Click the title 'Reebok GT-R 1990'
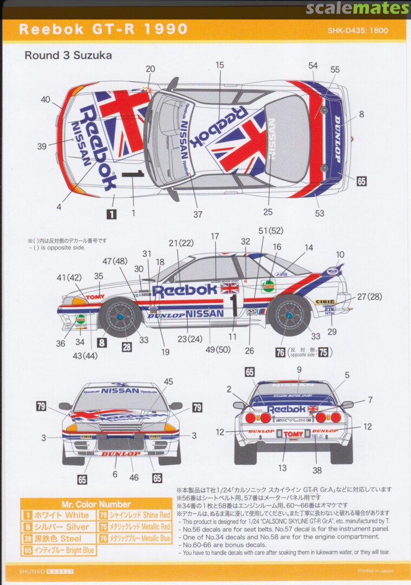103,29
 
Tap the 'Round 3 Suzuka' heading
68,55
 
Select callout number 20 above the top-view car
150,69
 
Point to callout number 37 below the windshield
198,214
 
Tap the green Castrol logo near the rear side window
268,285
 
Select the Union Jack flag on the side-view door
230,287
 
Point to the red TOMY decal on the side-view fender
95,297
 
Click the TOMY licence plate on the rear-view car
293,434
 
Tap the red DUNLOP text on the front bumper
120,453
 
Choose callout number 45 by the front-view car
168,382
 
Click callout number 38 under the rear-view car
317,470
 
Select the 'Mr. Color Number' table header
96,504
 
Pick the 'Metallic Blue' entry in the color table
134,538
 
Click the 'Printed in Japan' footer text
375,570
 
